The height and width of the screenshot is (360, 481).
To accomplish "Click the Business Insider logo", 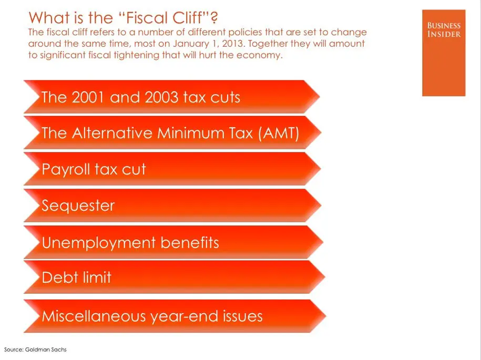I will tap(444, 53).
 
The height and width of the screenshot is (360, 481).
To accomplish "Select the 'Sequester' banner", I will tap(171, 205).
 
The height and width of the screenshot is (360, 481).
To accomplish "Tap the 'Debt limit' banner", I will tap(173, 277).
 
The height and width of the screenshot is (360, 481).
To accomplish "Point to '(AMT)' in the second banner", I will tap(279, 133).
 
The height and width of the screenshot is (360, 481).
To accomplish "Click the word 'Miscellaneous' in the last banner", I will tap(94, 316).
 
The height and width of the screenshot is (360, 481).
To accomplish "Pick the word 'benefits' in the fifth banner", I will tap(190, 243).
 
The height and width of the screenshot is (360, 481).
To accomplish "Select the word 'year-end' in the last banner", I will tap(180, 317).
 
